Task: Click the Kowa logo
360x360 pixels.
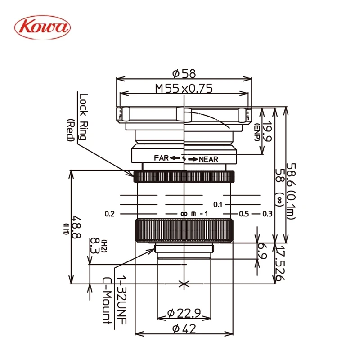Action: point(42,27)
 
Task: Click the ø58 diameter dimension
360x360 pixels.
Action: point(184,73)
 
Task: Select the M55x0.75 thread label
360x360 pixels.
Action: point(184,88)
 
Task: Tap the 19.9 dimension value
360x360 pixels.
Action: point(267,131)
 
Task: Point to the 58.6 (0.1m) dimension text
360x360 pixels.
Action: point(291,191)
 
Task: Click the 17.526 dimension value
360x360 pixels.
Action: point(280,263)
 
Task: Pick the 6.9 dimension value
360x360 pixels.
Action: point(262,251)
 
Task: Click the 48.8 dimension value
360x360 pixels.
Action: point(76,227)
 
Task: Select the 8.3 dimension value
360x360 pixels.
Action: point(94,246)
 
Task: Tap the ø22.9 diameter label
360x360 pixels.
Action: point(184,313)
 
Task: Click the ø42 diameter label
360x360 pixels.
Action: point(184,328)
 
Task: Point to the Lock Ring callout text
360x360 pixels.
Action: point(83,117)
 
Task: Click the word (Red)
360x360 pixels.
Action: point(71,130)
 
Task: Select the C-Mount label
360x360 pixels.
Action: point(108,301)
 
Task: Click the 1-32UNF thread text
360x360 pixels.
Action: point(121,300)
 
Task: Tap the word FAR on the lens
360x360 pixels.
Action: point(162,158)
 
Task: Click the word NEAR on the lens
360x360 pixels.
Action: point(208,159)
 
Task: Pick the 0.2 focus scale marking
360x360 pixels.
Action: point(109,214)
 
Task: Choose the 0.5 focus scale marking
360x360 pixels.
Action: point(244,214)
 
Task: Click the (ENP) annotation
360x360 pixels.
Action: point(256,132)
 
